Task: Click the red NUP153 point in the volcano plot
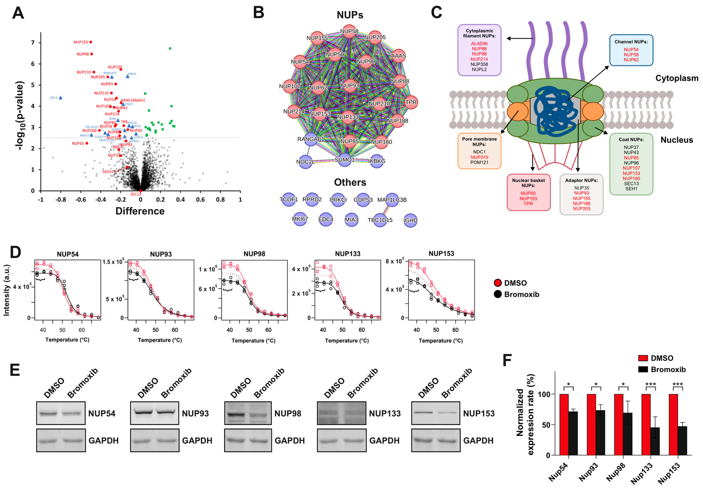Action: (x=91, y=42)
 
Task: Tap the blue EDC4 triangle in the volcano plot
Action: (x=61, y=97)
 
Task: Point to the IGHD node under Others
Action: (x=410, y=220)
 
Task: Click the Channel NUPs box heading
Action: (x=631, y=42)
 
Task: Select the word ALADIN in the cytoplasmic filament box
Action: (x=479, y=43)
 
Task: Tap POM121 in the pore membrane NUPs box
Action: (x=479, y=162)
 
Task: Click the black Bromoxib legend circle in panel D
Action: (x=497, y=294)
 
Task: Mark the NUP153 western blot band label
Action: (x=479, y=414)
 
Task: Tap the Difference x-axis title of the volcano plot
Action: (x=140, y=211)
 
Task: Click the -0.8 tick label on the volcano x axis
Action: (x=61, y=200)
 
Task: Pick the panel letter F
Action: (x=507, y=361)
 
